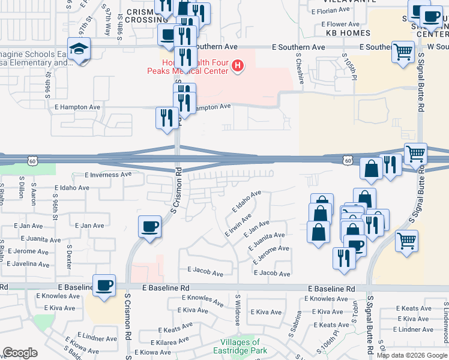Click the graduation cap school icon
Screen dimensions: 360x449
coord(79,49)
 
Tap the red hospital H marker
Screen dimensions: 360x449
coord(238,65)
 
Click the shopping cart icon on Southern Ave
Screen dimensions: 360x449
coord(403,51)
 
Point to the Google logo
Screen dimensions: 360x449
coord(20,353)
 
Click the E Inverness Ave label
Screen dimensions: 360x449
coord(108,175)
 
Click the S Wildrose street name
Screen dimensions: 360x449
coord(238,311)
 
